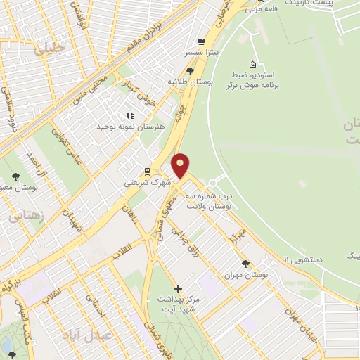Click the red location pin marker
[x=181, y=165]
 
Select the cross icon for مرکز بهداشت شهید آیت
[x=178, y=288]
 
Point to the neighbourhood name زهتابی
[x=25, y=216]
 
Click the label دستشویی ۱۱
[x=306, y=259]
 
